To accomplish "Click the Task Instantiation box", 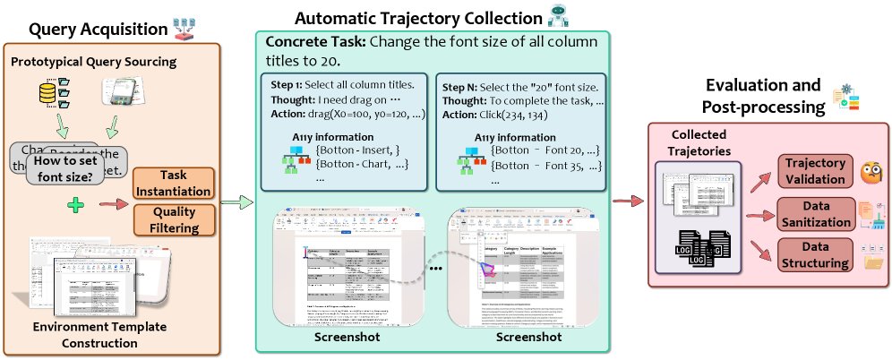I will click(x=174, y=184).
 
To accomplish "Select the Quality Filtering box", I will click(x=174, y=220).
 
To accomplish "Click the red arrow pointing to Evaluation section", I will click(x=625, y=198).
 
